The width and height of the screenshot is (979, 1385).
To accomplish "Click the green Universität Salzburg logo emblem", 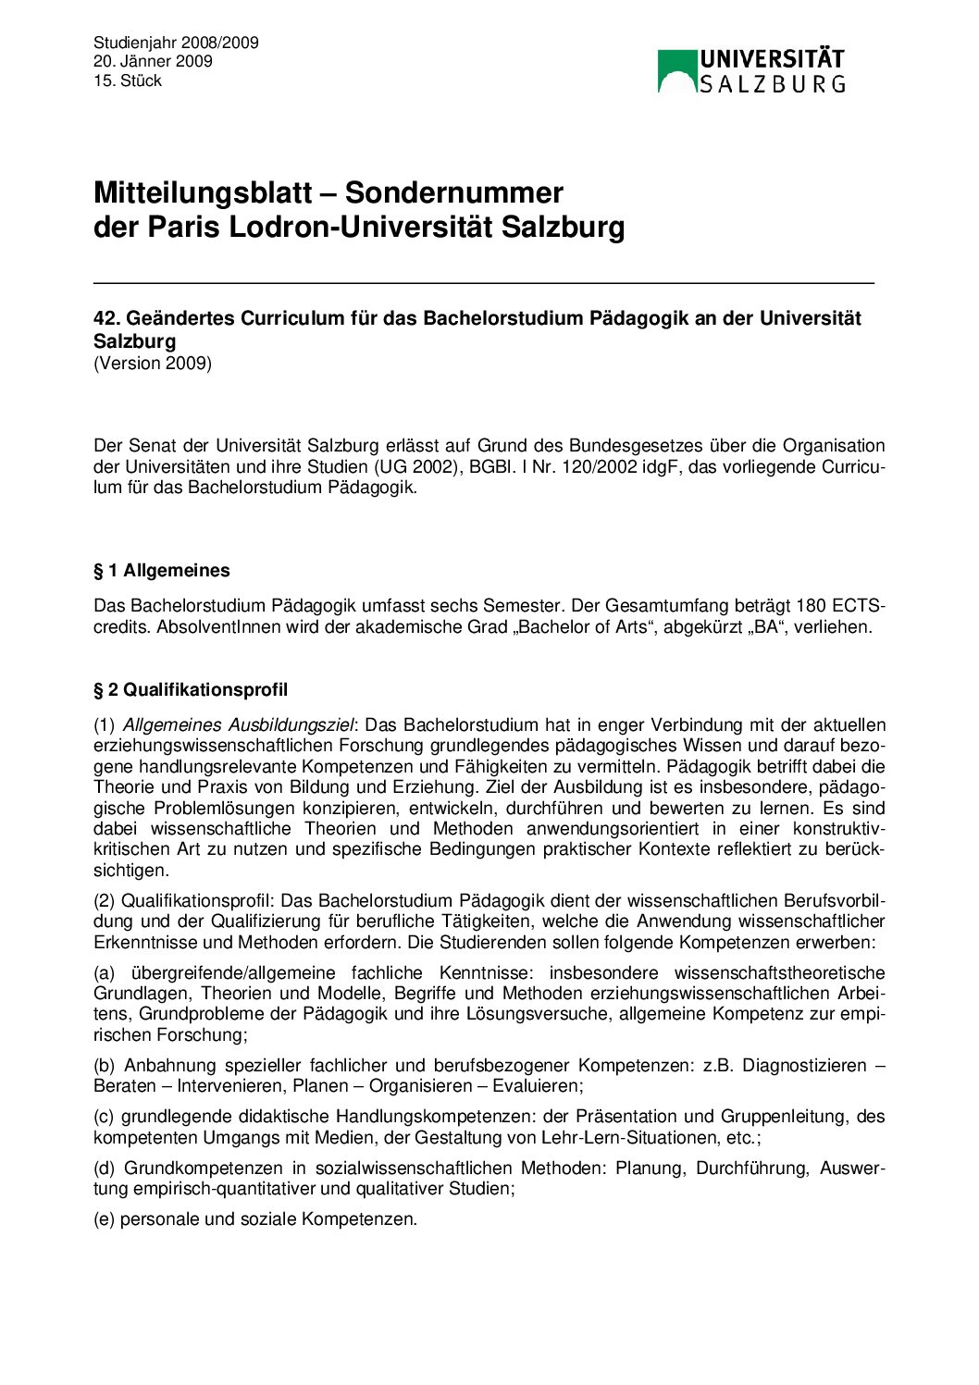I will [x=676, y=71].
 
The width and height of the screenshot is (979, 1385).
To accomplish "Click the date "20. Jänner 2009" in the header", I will [x=153, y=62].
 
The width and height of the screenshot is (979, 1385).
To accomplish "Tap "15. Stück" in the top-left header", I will [x=128, y=81].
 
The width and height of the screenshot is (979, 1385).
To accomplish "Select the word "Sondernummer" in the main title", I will [x=453, y=193].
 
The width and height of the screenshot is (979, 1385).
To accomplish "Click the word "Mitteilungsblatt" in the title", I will [x=203, y=193].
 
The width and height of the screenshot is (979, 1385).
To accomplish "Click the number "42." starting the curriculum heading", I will [x=106, y=318].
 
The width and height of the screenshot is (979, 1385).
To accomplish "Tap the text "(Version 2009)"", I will [x=153, y=364].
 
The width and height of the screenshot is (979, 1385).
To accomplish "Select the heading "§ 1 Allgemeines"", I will [x=162, y=571].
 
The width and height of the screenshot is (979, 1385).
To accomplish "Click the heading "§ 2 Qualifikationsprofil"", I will [x=191, y=690].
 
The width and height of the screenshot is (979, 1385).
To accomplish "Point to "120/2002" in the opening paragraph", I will [x=603, y=467].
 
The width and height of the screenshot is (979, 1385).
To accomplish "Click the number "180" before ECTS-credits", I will [x=811, y=607].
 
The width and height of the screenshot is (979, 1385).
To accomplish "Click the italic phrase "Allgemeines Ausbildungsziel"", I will [x=238, y=725].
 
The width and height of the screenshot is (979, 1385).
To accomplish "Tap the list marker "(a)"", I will [x=105, y=973].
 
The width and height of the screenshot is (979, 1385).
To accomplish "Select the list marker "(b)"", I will [x=105, y=1066].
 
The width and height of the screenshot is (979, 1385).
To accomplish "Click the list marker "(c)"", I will [x=105, y=1117].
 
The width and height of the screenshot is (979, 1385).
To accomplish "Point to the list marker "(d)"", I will [x=105, y=1169].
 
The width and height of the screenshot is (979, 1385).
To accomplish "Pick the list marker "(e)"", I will [x=105, y=1219].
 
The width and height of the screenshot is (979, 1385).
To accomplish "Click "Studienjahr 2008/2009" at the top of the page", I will [x=176, y=43].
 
